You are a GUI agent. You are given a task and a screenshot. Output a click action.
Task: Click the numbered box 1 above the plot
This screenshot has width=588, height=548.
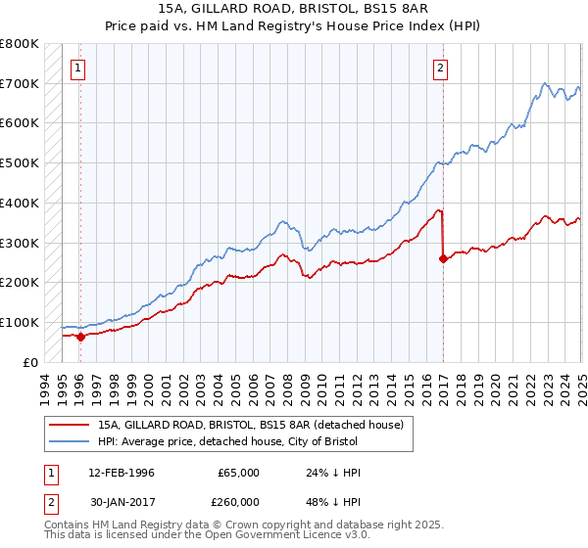click(x=77, y=68)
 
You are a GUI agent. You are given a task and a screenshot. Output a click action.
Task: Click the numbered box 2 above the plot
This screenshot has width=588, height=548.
click(x=441, y=68)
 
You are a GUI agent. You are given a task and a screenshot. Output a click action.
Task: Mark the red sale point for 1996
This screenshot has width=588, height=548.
click(x=80, y=336)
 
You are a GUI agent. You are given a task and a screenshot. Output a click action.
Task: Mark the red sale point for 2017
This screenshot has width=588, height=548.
click(x=444, y=258)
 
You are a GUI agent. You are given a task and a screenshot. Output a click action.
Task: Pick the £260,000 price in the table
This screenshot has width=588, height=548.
click(x=238, y=501)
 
